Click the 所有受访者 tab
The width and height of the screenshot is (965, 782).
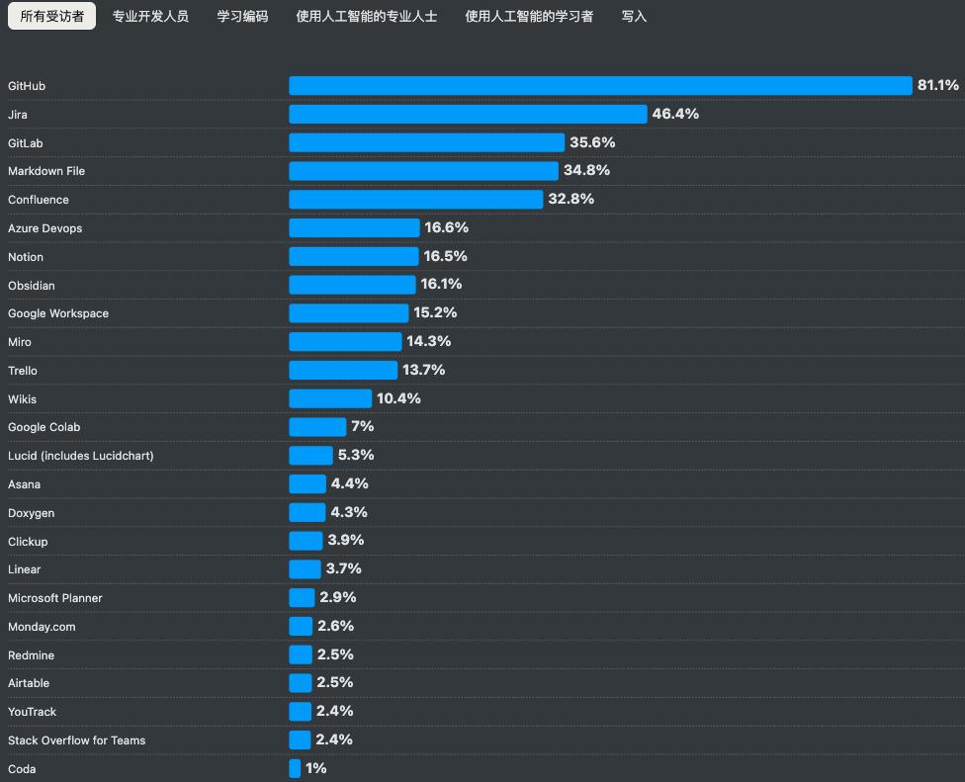(x=51, y=16)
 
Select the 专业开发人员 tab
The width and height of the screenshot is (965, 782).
(x=150, y=16)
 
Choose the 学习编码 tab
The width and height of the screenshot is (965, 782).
(x=242, y=16)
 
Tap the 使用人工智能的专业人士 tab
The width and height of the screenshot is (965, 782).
(x=366, y=16)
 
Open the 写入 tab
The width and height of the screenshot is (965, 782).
(x=634, y=16)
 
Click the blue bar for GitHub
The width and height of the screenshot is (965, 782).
(x=600, y=86)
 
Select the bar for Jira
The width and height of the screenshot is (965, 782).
(x=468, y=115)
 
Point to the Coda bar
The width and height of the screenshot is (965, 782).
(x=295, y=768)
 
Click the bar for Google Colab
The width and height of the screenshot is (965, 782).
(x=317, y=427)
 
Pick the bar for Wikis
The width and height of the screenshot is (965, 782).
(x=330, y=398)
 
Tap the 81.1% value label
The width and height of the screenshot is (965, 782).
(x=937, y=86)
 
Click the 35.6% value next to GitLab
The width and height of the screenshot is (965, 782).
(x=592, y=142)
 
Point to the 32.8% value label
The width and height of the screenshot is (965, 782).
(x=570, y=199)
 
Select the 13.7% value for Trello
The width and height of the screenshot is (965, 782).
(x=423, y=370)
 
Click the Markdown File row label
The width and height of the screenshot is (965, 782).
(x=46, y=171)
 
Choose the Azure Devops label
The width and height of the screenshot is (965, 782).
(x=44, y=228)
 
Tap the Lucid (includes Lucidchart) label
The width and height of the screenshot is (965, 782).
(x=80, y=456)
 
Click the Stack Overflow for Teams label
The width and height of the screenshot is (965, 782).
(x=76, y=740)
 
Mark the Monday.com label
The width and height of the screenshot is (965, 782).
(x=42, y=627)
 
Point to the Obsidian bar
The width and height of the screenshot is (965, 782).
(x=352, y=285)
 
